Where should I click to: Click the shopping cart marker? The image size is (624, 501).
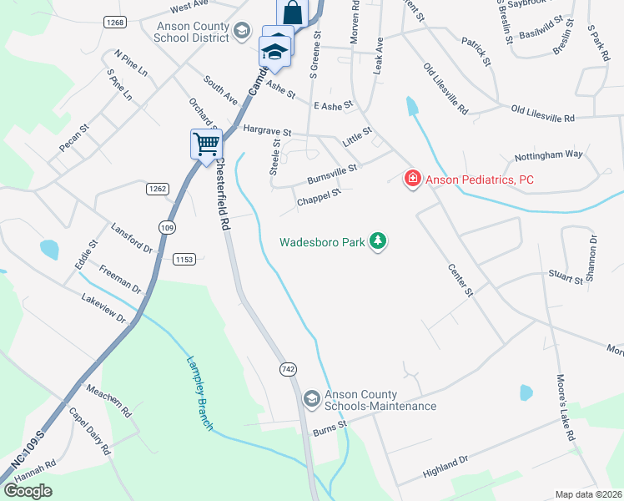[x=205, y=143]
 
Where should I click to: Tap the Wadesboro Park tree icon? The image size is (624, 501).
[x=379, y=242]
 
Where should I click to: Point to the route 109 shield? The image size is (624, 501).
[x=167, y=228]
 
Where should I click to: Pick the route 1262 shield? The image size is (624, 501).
[x=157, y=189]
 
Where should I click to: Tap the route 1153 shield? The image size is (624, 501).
[x=184, y=260]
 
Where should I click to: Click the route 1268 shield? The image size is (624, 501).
[x=115, y=23]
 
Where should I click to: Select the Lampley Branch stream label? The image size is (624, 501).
[x=199, y=394]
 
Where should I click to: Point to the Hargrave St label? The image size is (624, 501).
[x=267, y=131]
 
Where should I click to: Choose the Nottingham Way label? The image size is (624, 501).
[x=547, y=154]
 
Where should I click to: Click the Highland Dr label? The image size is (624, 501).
[x=446, y=463]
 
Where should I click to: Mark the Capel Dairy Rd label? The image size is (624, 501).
[x=90, y=431]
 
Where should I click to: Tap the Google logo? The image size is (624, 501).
[x=28, y=491]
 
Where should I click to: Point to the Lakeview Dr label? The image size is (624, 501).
[x=103, y=309]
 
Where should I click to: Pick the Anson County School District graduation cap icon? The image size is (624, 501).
[x=242, y=32]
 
